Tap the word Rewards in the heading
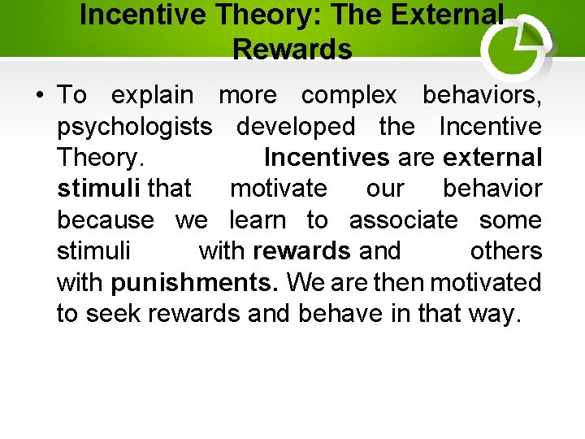point(292,50)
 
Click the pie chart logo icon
point(517,47)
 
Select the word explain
point(152,95)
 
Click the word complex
point(349,95)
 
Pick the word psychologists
point(135,127)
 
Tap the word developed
point(296,127)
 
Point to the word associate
point(403,220)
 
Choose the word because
point(105,220)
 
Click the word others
point(505,251)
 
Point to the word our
point(385,189)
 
